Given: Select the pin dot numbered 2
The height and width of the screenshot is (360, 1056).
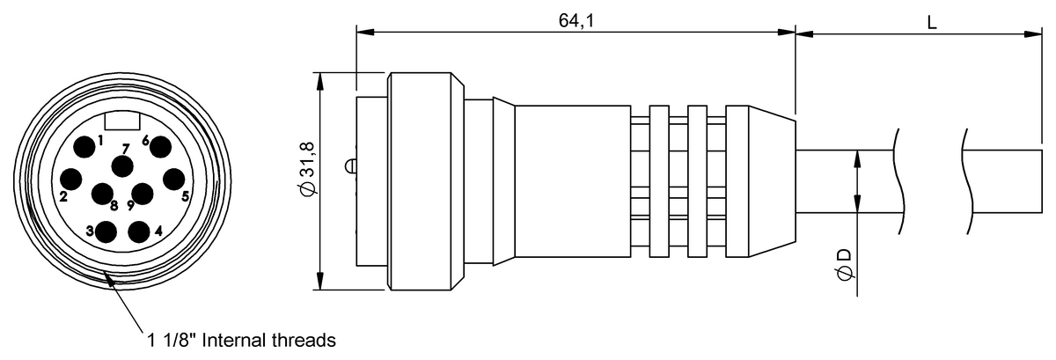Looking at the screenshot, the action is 71,180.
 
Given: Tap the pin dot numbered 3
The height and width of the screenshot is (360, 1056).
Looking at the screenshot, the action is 106,231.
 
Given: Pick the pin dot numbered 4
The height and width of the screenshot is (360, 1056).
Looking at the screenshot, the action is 139,231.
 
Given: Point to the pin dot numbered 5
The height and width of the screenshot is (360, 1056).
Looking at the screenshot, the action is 174,180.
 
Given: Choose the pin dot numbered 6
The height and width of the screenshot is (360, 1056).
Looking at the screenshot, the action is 160,147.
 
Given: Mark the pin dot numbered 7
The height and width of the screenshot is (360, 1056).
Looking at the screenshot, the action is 122,166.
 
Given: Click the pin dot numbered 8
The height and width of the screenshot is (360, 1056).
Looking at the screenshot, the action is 102,194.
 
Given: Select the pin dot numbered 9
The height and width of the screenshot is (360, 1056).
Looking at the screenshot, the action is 143,194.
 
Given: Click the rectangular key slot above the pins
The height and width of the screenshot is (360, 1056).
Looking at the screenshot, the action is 122,121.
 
